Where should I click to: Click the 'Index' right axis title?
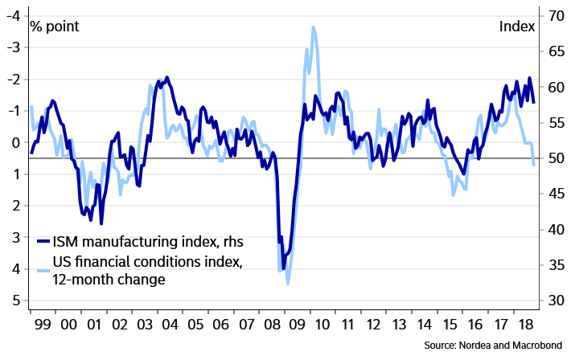click(x=516, y=26)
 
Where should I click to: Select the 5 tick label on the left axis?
click(x=14, y=301)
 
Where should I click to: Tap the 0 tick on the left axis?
click(x=14, y=142)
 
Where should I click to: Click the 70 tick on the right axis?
click(x=554, y=15)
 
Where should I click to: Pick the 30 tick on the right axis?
click(x=554, y=301)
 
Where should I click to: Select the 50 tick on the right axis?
click(x=554, y=158)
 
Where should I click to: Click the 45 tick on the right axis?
click(x=554, y=194)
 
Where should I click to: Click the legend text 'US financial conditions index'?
click(x=147, y=262)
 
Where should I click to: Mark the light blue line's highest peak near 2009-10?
click(x=313, y=27)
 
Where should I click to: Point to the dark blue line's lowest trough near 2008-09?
click(x=283, y=268)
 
